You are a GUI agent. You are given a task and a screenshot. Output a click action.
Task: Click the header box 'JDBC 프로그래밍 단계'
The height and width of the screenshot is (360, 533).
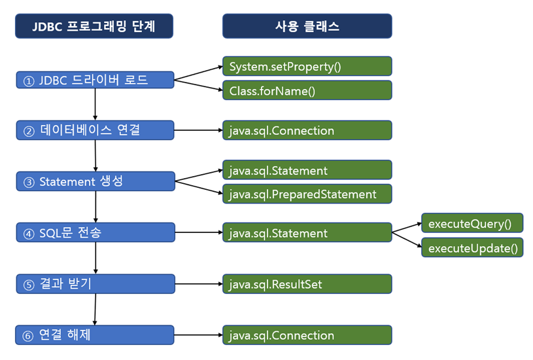point(94,26)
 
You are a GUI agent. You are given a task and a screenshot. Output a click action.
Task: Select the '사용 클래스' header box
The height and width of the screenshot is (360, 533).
point(307,26)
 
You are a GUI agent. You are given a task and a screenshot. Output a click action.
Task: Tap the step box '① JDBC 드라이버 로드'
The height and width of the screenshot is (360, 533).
point(95,80)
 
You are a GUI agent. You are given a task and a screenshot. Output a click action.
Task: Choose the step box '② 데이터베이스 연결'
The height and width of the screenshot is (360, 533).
point(95,130)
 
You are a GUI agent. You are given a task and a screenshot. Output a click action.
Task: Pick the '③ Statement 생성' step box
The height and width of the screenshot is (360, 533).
point(95,181)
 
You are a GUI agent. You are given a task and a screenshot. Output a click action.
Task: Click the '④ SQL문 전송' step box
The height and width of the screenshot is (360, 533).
point(95,232)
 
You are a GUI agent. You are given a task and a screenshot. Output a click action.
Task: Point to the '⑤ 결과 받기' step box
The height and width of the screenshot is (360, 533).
point(95,284)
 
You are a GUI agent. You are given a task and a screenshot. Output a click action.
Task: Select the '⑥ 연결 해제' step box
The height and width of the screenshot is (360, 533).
point(95,335)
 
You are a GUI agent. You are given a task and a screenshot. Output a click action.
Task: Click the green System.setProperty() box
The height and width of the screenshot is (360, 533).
point(307,66)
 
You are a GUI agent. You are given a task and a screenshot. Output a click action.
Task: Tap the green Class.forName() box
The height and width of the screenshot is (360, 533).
point(307,90)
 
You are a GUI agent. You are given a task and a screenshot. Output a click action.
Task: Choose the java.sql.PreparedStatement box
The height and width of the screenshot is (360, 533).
point(307,194)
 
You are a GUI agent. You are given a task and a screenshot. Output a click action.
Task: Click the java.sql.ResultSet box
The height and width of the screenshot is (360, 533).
point(307,284)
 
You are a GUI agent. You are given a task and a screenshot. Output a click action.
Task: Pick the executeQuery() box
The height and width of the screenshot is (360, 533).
point(472,223)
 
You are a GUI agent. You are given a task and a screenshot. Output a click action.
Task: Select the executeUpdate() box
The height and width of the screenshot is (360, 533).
point(472,247)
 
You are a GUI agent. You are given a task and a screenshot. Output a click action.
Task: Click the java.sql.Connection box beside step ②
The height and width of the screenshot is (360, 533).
point(307,130)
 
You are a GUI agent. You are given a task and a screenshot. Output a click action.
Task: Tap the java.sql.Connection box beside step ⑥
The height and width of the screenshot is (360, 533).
point(307,335)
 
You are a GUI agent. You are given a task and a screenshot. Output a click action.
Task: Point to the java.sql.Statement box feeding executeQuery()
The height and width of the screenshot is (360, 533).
point(307,232)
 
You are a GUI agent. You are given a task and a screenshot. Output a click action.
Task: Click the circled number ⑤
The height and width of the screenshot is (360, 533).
point(28,285)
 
